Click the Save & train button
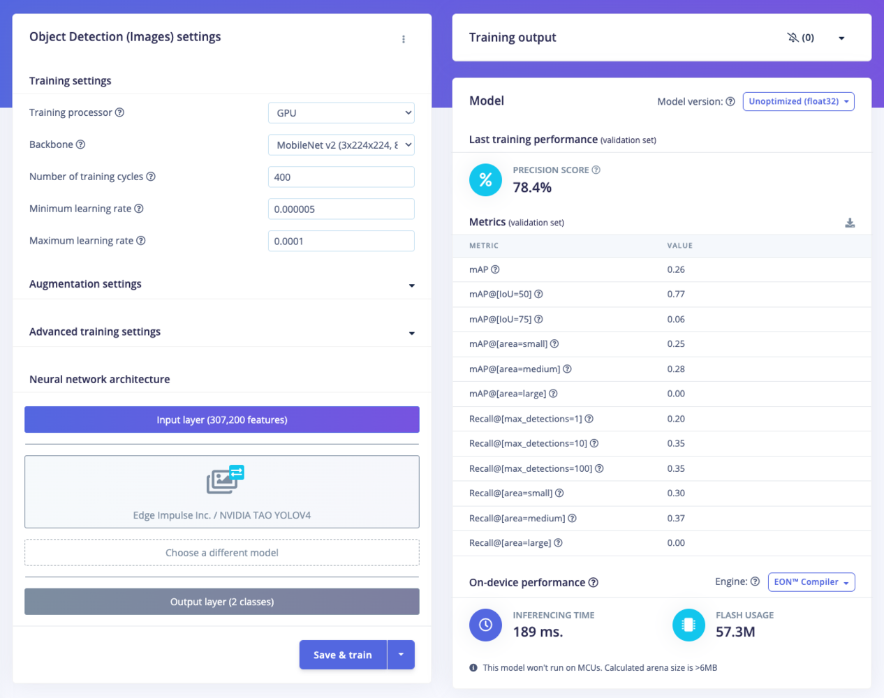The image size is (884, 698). click(x=343, y=655)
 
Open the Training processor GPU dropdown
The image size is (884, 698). click(x=341, y=113)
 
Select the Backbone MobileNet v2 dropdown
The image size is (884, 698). click(x=341, y=145)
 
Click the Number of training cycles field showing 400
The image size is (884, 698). click(x=341, y=177)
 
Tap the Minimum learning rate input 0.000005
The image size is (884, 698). click(x=341, y=209)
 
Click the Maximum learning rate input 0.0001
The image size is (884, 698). click(x=341, y=242)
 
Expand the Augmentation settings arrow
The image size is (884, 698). click(x=412, y=285)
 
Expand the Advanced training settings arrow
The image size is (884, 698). click(x=412, y=333)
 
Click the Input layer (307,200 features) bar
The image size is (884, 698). click(x=222, y=420)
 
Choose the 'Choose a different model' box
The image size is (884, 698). click(x=222, y=553)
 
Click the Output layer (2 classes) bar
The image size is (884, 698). click(x=222, y=602)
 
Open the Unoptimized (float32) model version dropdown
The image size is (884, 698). click(x=798, y=102)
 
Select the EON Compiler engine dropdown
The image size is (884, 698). click(x=811, y=582)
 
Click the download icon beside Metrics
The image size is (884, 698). click(x=850, y=223)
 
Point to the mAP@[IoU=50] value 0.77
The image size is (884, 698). click(x=676, y=295)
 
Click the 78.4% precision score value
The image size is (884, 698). click(x=532, y=188)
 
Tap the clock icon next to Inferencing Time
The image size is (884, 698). click(x=485, y=625)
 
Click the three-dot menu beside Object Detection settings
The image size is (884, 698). click(x=404, y=39)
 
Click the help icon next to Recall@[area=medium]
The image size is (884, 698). click(x=573, y=518)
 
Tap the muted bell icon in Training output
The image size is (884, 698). click(x=793, y=38)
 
